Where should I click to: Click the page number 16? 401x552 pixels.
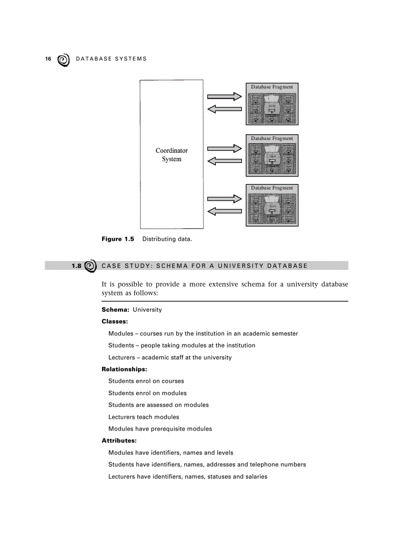[48, 59]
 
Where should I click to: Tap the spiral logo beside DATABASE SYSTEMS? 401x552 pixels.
[63, 60]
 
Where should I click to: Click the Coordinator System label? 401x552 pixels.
[172, 155]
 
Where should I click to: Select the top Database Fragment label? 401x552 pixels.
[272, 87]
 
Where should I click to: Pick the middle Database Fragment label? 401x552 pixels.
[272, 139]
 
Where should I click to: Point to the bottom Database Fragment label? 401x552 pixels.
[272, 188]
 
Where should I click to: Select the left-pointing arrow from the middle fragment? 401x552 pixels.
[225, 160]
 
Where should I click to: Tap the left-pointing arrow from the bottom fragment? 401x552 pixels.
[225, 211]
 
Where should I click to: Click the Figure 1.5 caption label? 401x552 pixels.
[117, 239]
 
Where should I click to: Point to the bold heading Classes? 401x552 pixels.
[115, 321]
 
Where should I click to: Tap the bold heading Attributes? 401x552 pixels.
[118, 440]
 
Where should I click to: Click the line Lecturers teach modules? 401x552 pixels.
[143, 417]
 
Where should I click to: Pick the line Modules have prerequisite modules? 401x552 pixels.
[160, 429]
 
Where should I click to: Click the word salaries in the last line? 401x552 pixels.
[255, 476]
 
